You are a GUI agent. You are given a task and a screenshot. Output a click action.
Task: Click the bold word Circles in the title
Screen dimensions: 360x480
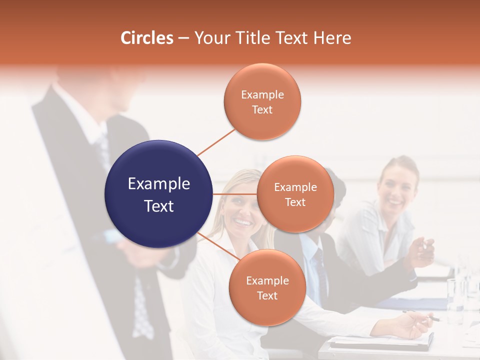(x=146, y=38)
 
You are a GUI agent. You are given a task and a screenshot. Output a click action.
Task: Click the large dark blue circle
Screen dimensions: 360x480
(x=159, y=194)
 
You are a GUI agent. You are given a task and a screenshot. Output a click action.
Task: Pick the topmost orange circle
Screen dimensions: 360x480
(x=262, y=101)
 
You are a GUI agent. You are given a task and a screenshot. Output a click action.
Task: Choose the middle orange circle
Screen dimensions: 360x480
(x=295, y=194)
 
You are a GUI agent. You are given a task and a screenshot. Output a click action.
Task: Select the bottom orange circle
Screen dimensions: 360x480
(x=267, y=287)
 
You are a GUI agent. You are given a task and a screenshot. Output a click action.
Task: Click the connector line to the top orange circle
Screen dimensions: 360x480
(x=216, y=142)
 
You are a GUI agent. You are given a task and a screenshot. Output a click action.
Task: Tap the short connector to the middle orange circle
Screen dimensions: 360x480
(x=235, y=194)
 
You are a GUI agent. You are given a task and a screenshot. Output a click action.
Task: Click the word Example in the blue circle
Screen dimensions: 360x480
(x=159, y=184)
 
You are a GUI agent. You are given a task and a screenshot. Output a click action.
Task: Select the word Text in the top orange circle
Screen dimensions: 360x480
(x=262, y=110)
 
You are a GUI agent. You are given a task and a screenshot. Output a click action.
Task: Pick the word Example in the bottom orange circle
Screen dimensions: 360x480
(x=267, y=281)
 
